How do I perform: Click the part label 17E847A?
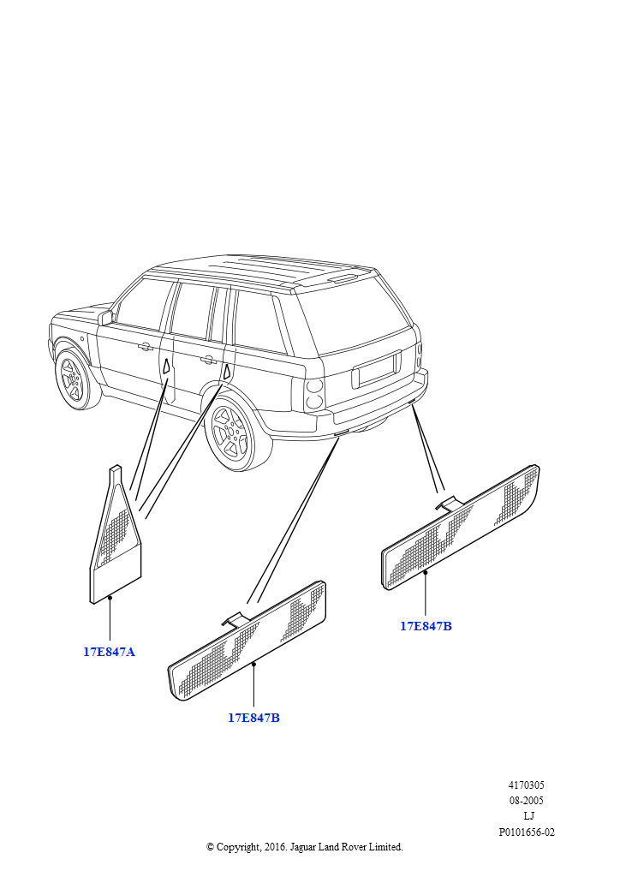click(109, 652)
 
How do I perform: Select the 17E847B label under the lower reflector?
click(253, 718)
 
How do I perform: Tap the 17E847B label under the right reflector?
click(426, 626)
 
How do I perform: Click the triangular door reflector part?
click(116, 537)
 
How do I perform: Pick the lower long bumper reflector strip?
click(247, 641)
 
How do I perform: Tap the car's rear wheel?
click(234, 433)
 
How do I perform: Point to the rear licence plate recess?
click(376, 368)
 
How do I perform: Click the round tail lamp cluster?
click(315, 393)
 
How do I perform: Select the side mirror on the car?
click(105, 319)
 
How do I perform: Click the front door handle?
click(145, 347)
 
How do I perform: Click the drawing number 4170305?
click(526, 785)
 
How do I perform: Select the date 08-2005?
click(526, 801)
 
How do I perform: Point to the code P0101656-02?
click(527, 832)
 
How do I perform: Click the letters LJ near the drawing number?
click(528, 816)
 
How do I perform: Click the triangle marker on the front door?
click(166, 367)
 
